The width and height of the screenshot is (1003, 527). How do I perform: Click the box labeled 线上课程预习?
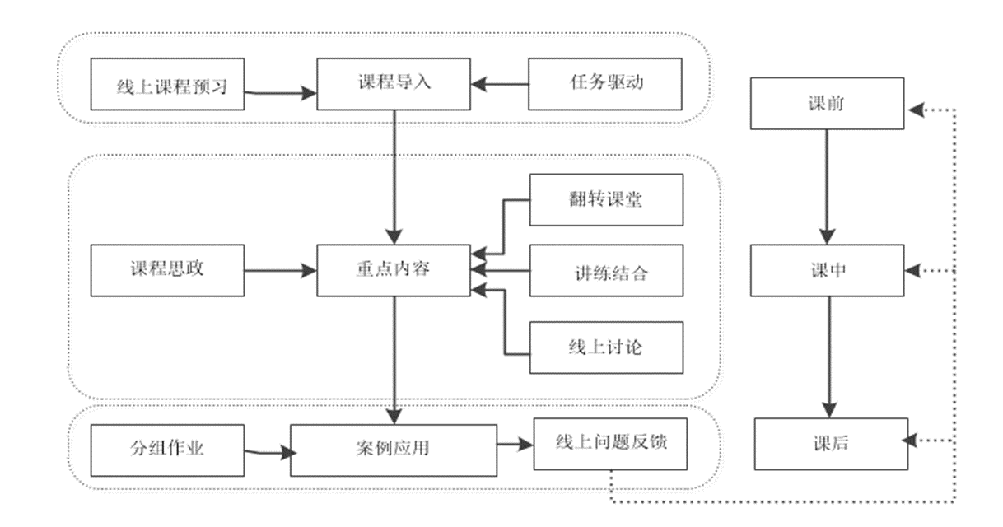pyautogui.click(x=169, y=85)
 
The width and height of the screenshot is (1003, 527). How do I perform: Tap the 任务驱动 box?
pyautogui.click(x=605, y=83)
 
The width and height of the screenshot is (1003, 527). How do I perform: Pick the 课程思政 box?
pyautogui.click(x=167, y=270)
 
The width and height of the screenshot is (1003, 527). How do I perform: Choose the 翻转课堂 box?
pyautogui.click(x=606, y=200)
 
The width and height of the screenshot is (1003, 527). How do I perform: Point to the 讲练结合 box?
pyautogui.click(x=606, y=270)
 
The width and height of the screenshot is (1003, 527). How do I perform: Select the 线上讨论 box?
pyautogui.click(x=606, y=347)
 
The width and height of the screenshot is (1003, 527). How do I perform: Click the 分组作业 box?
pyautogui.click(x=167, y=449)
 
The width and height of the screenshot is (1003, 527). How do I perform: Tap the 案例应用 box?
pyautogui.click(x=394, y=450)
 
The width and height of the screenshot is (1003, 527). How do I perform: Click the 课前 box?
pyautogui.click(x=827, y=104)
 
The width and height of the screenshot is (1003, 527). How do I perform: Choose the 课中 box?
pyautogui.click(x=827, y=270)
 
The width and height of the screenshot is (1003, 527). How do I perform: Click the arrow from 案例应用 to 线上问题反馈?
pyautogui.click(x=515, y=445)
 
